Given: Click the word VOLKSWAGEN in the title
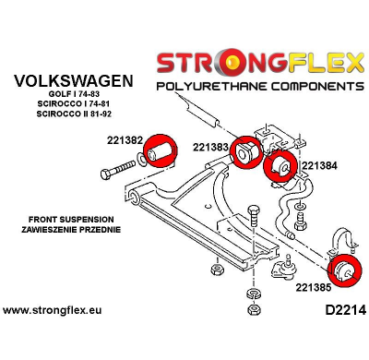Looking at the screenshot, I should [71, 81].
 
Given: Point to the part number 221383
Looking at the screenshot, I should [211, 146].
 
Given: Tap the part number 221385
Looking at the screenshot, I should [315, 287].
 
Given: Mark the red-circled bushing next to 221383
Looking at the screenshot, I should [246, 154].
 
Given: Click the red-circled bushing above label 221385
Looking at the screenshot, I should [349, 268].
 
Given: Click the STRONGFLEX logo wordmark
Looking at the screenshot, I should [261, 63].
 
